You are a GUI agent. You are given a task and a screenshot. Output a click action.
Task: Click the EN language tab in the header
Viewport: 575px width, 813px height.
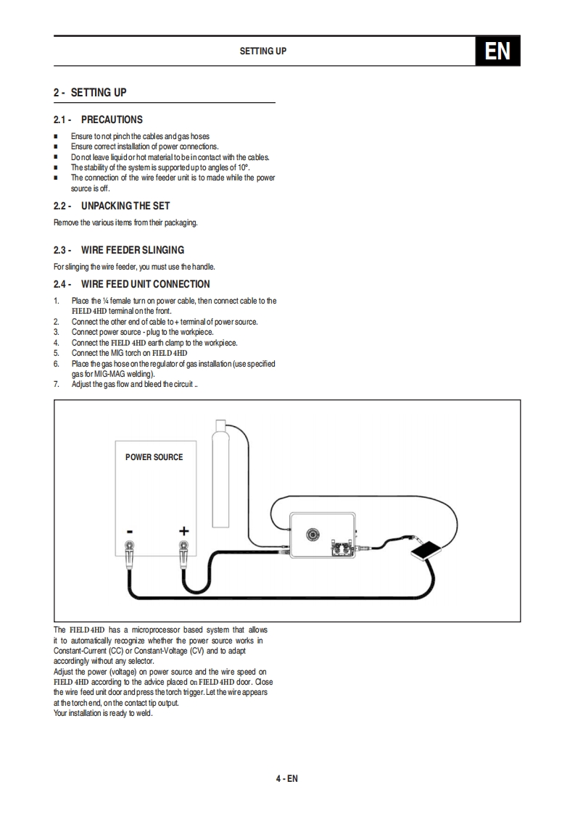pyautogui.click(x=497, y=51)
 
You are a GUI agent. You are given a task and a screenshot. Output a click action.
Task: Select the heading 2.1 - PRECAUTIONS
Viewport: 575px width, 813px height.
pyautogui.click(x=98, y=120)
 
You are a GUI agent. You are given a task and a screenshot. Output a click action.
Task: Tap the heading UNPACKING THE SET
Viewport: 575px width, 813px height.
pyautogui.click(x=125, y=206)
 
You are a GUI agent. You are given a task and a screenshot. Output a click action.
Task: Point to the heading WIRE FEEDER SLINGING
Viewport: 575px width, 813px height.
pyautogui.click(x=133, y=250)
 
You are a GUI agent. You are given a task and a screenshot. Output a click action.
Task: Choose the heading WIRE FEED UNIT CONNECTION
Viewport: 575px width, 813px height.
pyautogui.click(x=146, y=284)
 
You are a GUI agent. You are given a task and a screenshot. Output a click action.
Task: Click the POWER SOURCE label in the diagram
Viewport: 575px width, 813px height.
pyautogui.click(x=154, y=457)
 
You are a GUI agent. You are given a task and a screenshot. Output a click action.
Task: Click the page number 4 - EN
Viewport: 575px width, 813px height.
pyautogui.click(x=287, y=779)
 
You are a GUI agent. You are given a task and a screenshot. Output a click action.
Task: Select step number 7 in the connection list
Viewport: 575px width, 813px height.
pyautogui.click(x=57, y=384)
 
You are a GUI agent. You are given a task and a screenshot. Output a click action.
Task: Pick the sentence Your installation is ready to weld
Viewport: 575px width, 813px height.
pyautogui.click(x=103, y=713)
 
